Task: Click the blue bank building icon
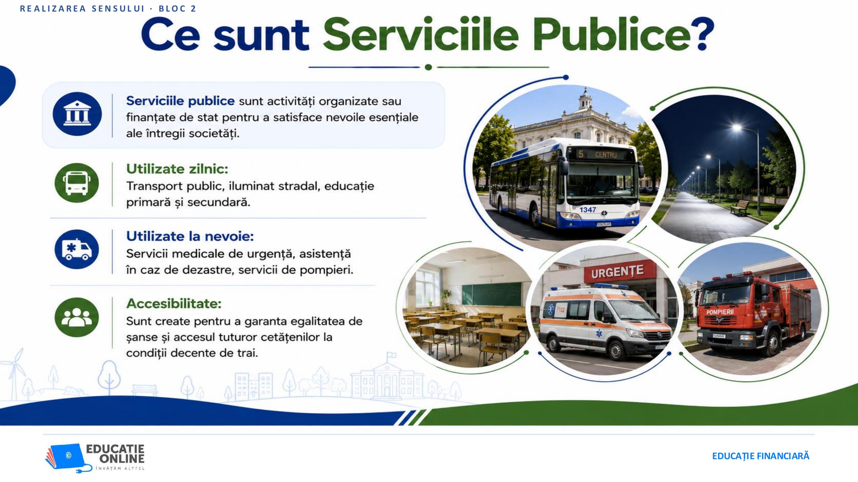pyautogui.click(x=77, y=114)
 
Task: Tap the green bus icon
pyautogui.click(x=77, y=183)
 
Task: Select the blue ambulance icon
pyautogui.click(x=77, y=249)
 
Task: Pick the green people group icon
pyautogui.click(x=77, y=317)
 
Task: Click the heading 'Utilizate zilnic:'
pyautogui.click(x=177, y=169)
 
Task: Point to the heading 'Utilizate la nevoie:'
pyautogui.click(x=190, y=236)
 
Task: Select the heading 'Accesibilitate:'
pyautogui.click(x=173, y=303)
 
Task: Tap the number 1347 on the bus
pyautogui.click(x=588, y=210)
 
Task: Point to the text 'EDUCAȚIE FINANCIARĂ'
pyautogui.click(x=760, y=456)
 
